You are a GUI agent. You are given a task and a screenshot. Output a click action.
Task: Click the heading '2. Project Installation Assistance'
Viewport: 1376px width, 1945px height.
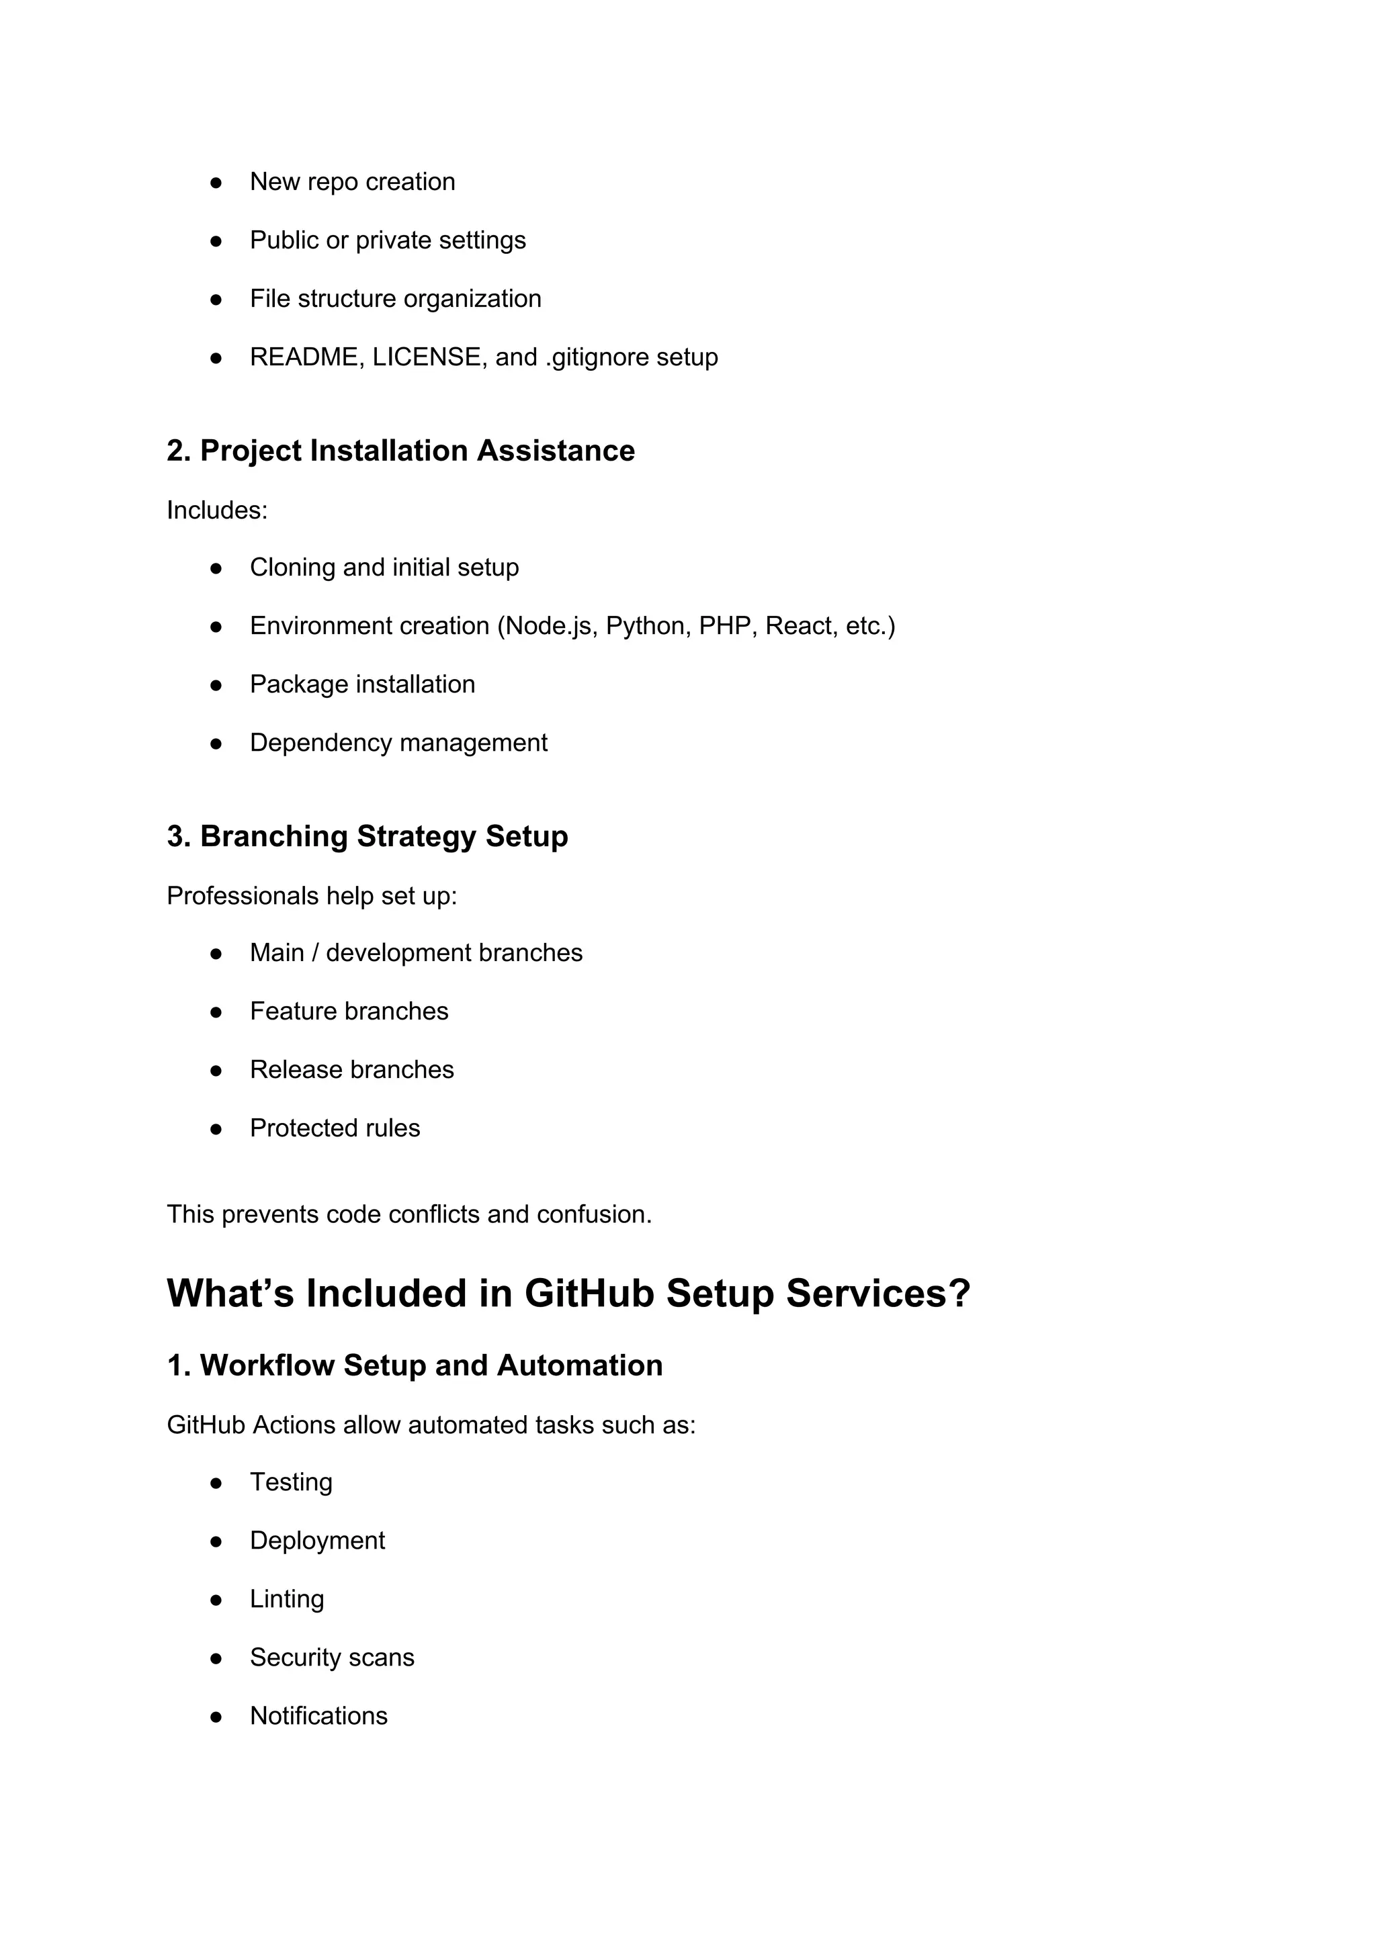coord(400,451)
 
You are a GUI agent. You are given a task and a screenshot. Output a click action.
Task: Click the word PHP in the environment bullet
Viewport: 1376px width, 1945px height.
coord(728,626)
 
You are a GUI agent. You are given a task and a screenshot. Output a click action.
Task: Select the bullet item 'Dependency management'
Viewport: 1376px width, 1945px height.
coord(398,743)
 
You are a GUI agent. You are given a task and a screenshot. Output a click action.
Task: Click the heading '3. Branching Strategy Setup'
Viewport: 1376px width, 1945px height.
coord(367,836)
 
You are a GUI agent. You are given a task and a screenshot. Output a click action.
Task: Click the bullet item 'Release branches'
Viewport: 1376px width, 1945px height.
coord(351,1070)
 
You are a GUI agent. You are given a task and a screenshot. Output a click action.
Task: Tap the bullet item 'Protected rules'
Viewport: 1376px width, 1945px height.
coord(335,1128)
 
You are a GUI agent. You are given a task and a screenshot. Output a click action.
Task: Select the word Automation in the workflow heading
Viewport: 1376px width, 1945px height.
coord(580,1365)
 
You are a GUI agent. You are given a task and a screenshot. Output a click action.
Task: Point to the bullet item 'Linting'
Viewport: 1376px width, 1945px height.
coord(286,1599)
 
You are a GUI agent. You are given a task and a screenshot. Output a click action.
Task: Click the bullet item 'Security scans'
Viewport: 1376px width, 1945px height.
coord(331,1658)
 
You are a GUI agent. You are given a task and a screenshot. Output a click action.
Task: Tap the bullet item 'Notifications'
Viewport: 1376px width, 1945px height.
coord(318,1716)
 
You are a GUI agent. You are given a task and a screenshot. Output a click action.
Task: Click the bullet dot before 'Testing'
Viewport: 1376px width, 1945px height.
coord(216,1484)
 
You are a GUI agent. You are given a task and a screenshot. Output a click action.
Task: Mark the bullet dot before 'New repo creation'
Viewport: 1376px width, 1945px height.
coord(216,183)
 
